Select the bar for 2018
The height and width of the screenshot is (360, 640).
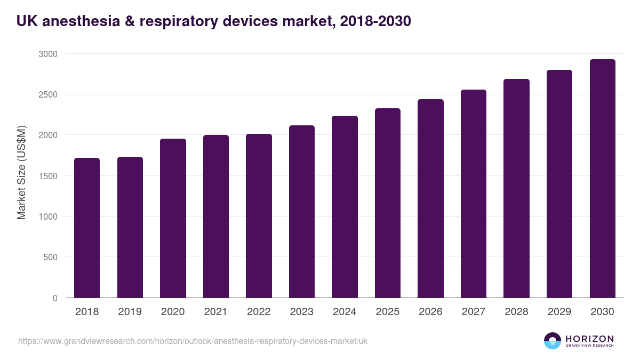(x=87, y=228)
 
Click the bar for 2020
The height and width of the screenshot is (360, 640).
(x=173, y=218)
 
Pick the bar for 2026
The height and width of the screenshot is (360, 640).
(x=430, y=198)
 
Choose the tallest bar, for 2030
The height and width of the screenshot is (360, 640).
(x=602, y=178)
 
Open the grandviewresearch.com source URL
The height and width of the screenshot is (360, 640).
(x=193, y=341)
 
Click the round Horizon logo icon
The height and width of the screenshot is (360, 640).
(x=553, y=341)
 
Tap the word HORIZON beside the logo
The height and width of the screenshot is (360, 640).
(x=589, y=339)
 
